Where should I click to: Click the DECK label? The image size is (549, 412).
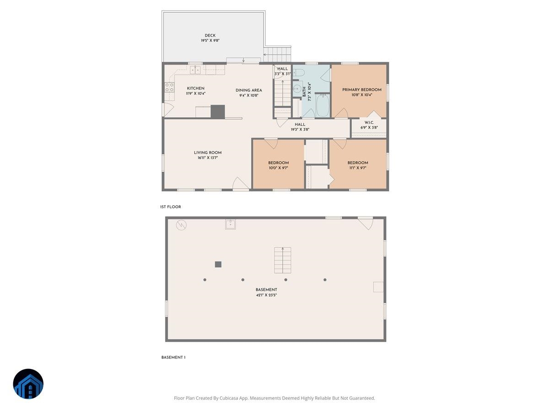(x=210, y=36)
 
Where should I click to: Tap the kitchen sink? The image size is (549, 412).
(x=196, y=70)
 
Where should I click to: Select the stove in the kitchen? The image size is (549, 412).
(x=170, y=87)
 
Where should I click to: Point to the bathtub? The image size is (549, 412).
(x=323, y=105)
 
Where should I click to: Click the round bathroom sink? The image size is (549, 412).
(x=297, y=89)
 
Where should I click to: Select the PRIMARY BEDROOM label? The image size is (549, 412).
(x=361, y=90)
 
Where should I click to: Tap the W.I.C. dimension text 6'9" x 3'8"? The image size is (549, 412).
(x=369, y=128)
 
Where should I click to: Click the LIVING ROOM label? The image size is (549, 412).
(x=208, y=153)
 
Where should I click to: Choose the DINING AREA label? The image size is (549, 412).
(x=249, y=90)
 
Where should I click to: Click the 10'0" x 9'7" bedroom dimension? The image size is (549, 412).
(x=278, y=168)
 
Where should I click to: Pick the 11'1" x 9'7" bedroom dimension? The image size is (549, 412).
(x=357, y=168)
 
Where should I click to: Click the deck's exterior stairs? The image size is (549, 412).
(x=277, y=54)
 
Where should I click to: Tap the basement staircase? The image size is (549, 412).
(x=282, y=260)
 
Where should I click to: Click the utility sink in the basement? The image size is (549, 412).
(x=230, y=224)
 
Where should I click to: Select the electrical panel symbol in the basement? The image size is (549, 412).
(x=182, y=225)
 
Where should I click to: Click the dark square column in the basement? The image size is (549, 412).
(x=218, y=264)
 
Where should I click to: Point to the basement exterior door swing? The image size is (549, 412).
(x=365, y=223)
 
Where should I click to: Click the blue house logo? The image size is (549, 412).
(x=28, y=384)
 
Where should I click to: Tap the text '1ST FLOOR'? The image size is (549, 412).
(x=171, y=207)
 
